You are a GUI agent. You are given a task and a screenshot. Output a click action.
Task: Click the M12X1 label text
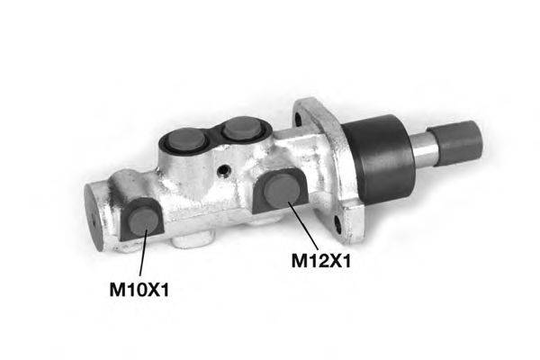[319, 261]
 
